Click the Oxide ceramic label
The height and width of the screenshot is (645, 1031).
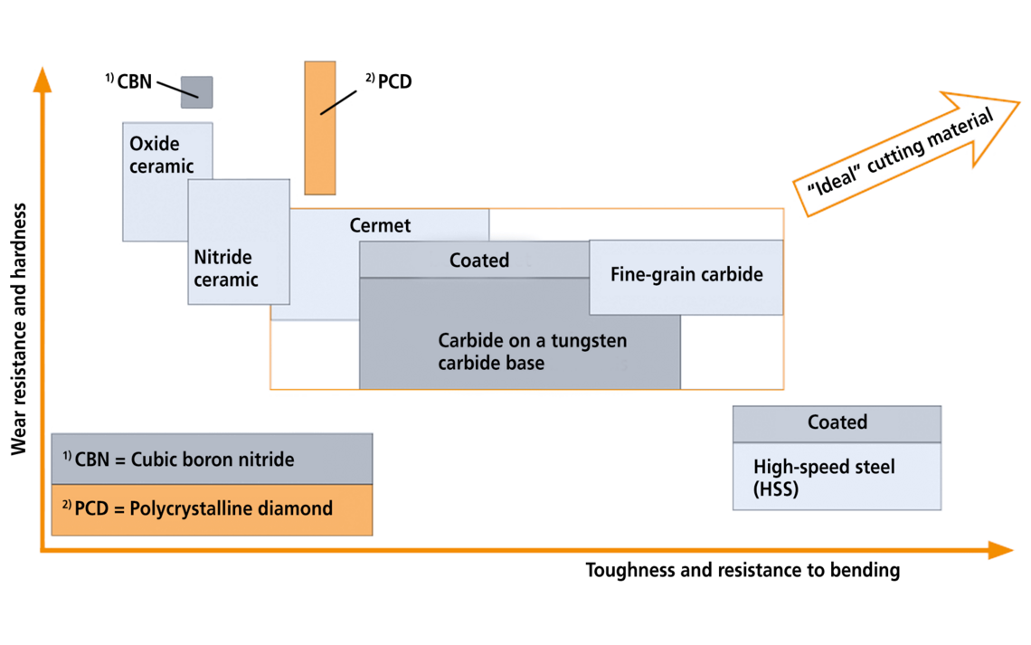point(161,155)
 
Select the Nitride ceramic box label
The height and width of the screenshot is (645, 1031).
point(225,269)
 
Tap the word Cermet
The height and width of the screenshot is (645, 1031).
point(380,225)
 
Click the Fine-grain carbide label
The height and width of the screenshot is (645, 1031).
point(686,274)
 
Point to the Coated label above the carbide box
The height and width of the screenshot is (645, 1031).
point(479,261)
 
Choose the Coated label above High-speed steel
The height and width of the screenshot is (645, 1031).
point(837,422)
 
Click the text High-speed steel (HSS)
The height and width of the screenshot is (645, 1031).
point(824,478)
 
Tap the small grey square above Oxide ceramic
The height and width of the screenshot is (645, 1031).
point(197,92)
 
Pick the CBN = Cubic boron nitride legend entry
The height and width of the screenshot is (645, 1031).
point(178,460)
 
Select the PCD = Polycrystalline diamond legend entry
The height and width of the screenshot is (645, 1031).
point(197,508)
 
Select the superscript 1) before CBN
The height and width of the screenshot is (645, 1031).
point(67,455)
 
